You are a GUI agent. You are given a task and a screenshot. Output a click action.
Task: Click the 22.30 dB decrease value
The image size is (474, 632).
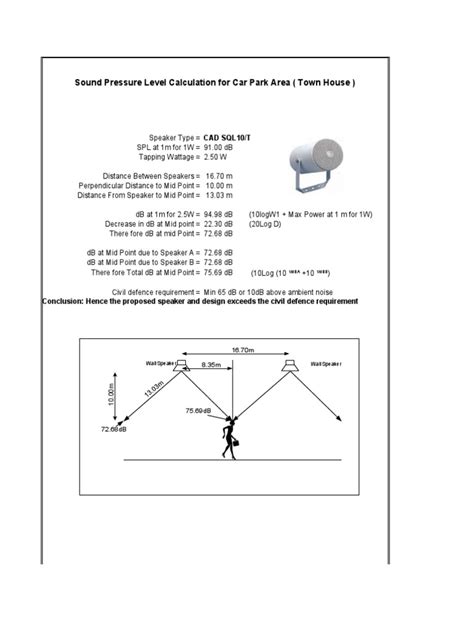(x=219, y=224)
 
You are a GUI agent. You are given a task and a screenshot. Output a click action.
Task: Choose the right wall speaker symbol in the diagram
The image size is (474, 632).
(x=290, y=368)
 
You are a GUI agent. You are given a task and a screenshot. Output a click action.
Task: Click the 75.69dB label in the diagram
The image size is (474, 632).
(x=198, y=411)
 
